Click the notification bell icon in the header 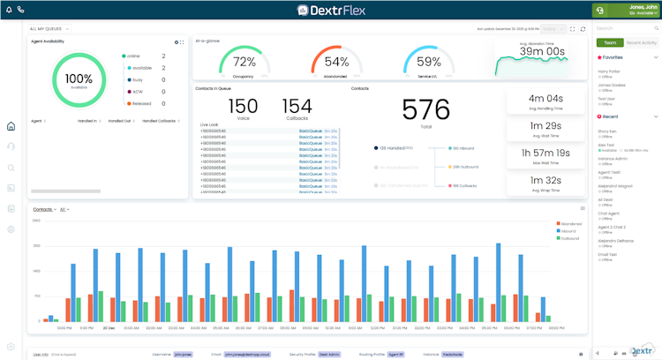8,10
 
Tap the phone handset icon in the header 20,10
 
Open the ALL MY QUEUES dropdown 49,29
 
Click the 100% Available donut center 79,79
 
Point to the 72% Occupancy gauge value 244,62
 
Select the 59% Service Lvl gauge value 429,62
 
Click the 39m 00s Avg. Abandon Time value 542,51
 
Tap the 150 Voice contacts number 243,107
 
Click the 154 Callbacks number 297,107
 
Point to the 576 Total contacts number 426,109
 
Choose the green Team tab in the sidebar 609,42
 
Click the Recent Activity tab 642,42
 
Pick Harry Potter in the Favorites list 610,71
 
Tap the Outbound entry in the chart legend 570,238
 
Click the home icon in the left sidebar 11,126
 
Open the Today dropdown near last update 554,29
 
